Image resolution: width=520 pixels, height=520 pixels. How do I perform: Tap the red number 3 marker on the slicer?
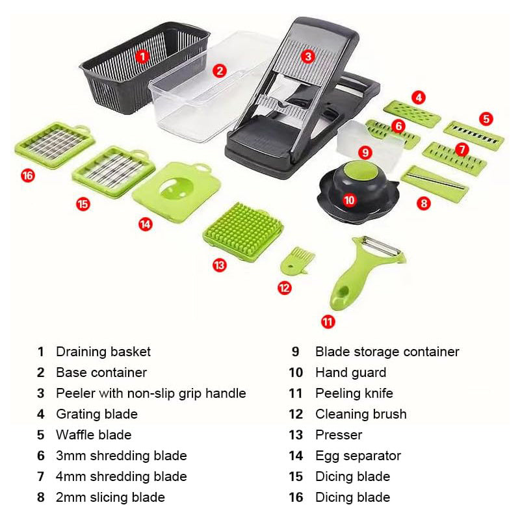pyautogui.click(x=309, y=57)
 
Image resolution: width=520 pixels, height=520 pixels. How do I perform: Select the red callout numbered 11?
pyautogui.click(x=328, y=320)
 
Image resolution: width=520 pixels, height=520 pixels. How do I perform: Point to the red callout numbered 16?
pyautogui.click(x=27, y=175)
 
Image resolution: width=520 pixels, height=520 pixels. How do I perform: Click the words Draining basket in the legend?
pyautogui.click(x=103, y=352)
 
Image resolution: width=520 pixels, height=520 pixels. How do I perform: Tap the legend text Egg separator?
pyautogui.click(x=358, y=456)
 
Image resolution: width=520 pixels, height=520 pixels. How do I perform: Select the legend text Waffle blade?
pyautogui.click(x=94, y=435)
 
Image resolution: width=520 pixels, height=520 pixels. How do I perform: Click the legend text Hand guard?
pyautogui.click(x=350, y=372)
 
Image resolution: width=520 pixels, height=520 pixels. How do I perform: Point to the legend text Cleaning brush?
pyautogui.click(x=361, y=414)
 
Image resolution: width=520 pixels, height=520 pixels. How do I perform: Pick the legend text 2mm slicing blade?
pyautogui.click(x=110, y=497)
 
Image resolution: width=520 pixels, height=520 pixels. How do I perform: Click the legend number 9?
pyautogui.click(x=295, y=352)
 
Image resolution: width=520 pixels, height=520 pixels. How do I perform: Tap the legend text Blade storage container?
pyautogui.click(x=387, y=352)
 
